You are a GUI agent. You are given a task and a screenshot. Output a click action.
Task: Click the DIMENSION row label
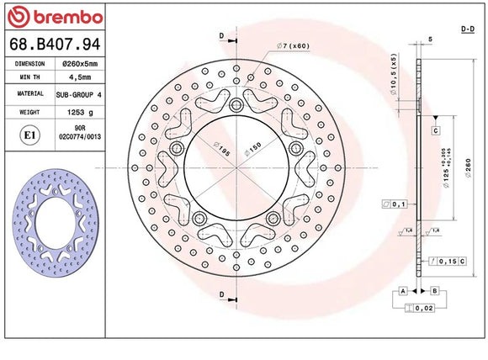(x=29, y=63)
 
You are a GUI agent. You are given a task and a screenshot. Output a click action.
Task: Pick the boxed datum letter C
(x=437, y=131)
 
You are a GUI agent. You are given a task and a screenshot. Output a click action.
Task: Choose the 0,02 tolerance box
(x=424, y=309)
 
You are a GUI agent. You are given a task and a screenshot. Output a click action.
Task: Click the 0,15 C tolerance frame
(x=447, y=262)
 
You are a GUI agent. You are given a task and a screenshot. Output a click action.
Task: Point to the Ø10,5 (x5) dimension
(x=392, y=74)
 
